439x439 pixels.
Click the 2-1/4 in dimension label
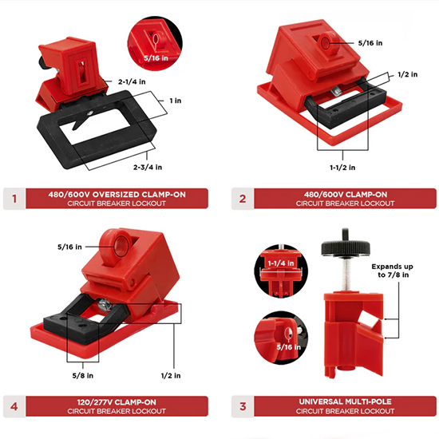click(x=132, y=81)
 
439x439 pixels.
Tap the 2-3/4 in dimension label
click(x=148, y=167)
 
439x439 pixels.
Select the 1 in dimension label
click(x=176, y=101)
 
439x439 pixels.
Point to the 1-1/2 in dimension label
click(x=342, y=168)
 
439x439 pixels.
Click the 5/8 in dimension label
click(x=82, y=375)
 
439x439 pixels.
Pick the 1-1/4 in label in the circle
click(x=281, y=263)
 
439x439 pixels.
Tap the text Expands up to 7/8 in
click(x=392, y=271)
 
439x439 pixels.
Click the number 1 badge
click(x=14, y=199)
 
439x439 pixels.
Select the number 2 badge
click(x=243, y=199)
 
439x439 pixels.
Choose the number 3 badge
click(x=243, y=406)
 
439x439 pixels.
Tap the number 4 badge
click(x=14, y=406)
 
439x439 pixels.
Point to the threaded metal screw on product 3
click(x=346, y=274)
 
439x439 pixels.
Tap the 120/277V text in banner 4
click(x=95, y=402)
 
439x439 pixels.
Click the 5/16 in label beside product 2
click(x=370, y=43)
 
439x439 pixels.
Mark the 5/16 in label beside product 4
click(x=69, y=247)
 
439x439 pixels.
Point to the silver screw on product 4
click(x=104, y=305)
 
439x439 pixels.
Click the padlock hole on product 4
click(x=121, y=246)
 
